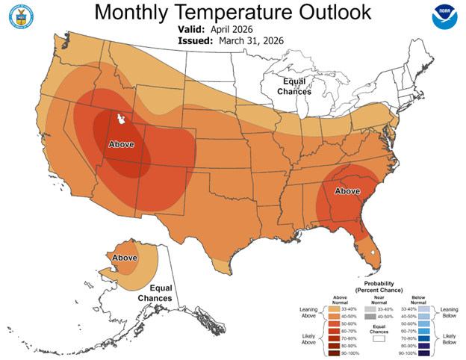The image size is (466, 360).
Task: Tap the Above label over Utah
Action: pyautogui.click(x=122, y=143)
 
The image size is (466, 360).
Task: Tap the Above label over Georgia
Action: pyautogui.click(x=347, y=191)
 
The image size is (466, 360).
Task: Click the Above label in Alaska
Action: pyautogui.click(x=124, y=258)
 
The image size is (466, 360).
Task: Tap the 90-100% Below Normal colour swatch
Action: pyautogui.click(x=423, y=353)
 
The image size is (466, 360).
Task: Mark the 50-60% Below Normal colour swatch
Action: pyautogui.click(x=423, y=323)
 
